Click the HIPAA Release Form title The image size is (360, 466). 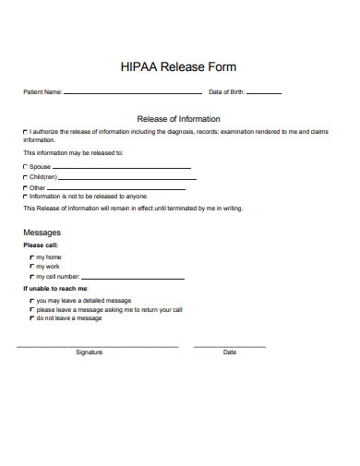(x=179, y=66)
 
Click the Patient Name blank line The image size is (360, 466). (x=132, y=94)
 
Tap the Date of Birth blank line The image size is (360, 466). (x=264, y=94)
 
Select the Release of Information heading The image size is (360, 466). (x=179, y=118)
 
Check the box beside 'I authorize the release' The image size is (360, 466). (x=25, y=133)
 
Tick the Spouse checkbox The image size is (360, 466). (x=25, y=167)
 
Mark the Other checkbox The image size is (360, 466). (x=25, y=187)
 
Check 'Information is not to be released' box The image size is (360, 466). (x=25, y=196)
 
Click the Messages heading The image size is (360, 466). (x=42, y=232)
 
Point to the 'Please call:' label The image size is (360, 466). (x=41, y=245)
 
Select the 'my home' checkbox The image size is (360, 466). (x=31, y=257)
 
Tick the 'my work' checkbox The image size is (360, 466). (x=31, y=266)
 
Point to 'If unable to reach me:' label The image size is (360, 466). (x=55, y=289)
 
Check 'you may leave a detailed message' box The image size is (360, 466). (x=31, y=301)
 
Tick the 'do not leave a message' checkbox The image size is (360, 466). (x=31, y=318)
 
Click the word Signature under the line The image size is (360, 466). (x=90, y=352)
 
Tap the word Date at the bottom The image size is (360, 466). (x=230, y=352)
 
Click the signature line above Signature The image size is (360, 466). (x=97, y=346)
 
